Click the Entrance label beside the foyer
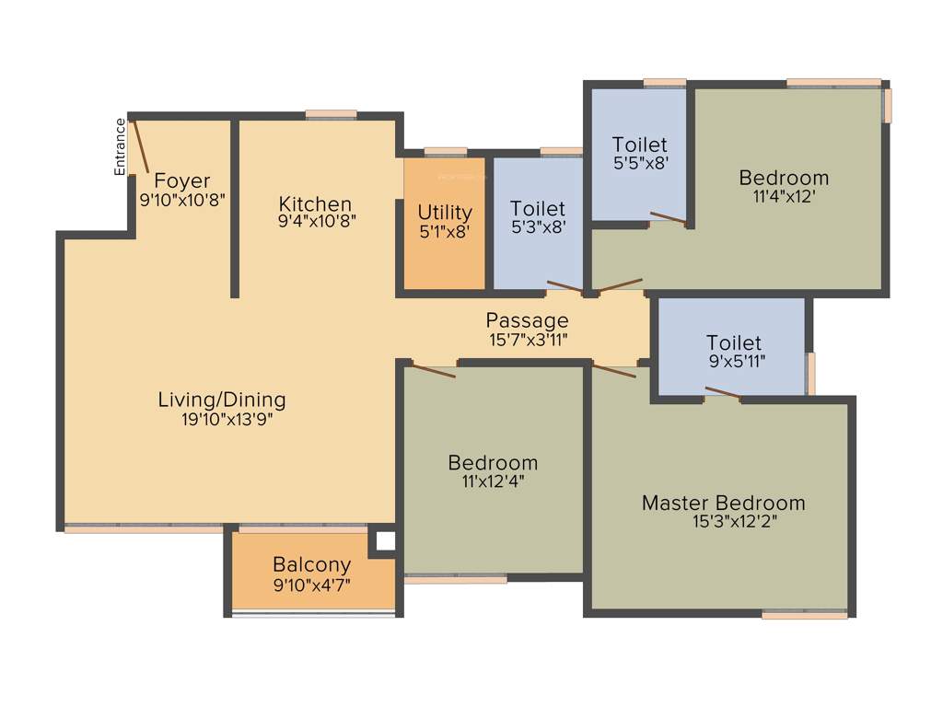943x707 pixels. pos(120,147)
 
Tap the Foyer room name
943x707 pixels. pos(181,180)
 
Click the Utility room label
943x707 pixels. pos(445,213)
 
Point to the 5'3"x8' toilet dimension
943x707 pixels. pos(538,226)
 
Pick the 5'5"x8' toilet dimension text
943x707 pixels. pos(639,162)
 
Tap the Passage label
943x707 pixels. pos(527,320)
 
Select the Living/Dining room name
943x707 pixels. pos(222,400)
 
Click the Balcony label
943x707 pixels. pos(311,564)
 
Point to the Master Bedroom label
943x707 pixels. pos(723,503)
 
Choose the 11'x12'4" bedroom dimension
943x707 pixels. pos(493,480)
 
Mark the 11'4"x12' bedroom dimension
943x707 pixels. pos(784,195)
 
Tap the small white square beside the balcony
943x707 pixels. pos(385,542)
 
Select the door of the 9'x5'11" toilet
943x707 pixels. pos(723,394)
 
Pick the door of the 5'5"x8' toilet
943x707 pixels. pos(669,219)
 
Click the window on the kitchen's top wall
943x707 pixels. pos(331,114)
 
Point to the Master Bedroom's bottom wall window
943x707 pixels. pos(804,614)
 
